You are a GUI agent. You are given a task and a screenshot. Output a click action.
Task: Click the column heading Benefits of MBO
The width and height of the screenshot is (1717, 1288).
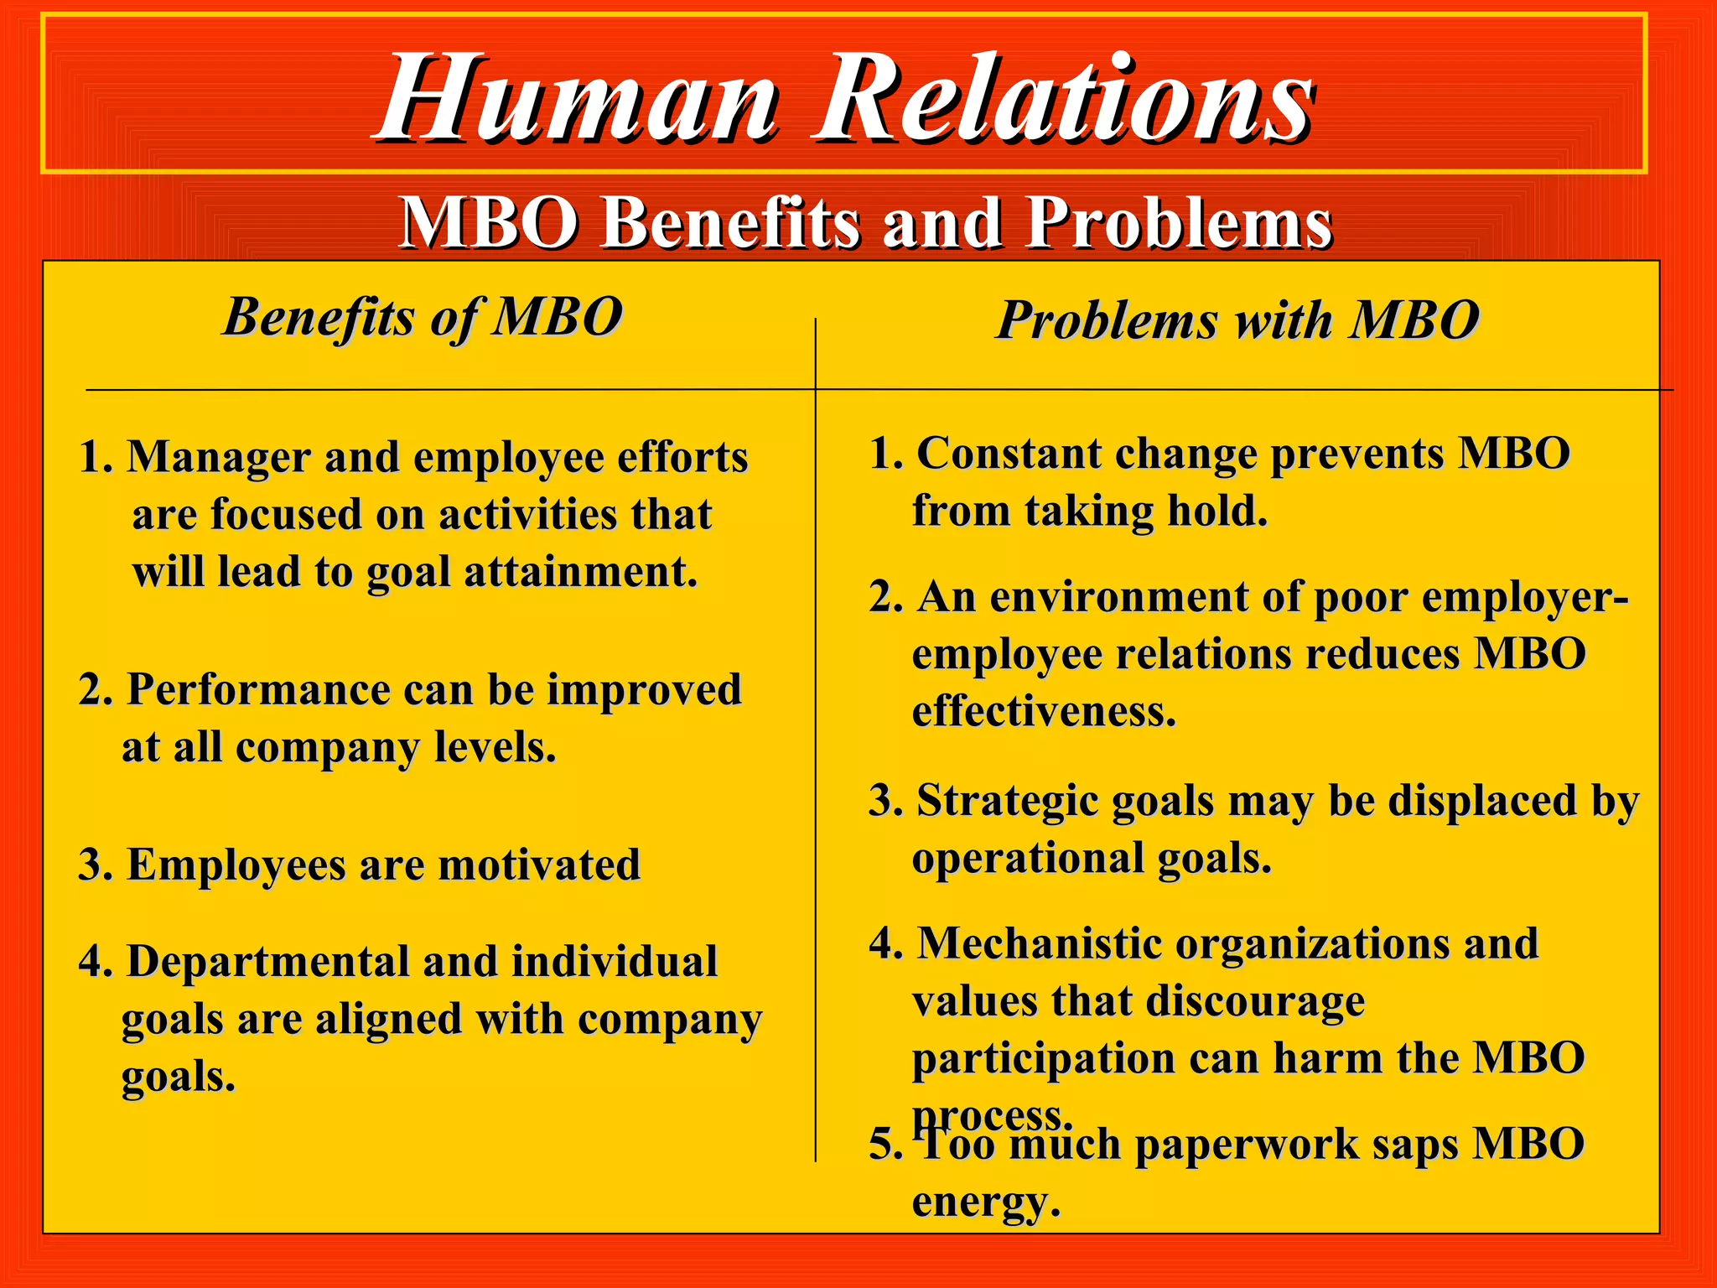point(422,318)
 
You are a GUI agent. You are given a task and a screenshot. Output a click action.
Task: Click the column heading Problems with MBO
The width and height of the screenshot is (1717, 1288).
point(1237,320)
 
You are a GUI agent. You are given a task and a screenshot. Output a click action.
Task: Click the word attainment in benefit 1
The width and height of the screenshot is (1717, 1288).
point(580,572)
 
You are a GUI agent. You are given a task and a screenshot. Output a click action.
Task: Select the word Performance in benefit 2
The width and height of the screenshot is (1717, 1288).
point(258,690)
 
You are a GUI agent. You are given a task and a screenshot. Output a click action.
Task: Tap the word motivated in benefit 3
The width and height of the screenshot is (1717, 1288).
point(539,865)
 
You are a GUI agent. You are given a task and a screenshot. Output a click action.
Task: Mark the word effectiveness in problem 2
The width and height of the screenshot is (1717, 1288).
point(1044,712)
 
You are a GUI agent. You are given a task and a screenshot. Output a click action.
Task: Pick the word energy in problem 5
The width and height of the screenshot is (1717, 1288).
point(985,1202)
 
